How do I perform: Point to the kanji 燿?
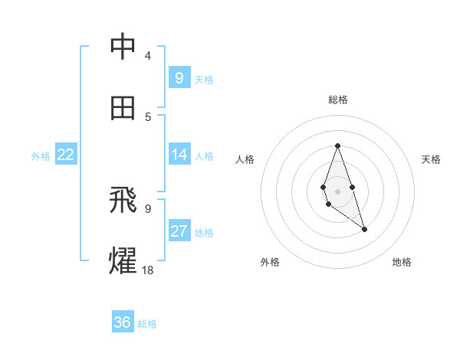coord(123,260)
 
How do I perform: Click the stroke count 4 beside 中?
coord(147,56)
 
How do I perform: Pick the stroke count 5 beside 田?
coord(148,116)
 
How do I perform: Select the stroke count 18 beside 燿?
coord(148,270)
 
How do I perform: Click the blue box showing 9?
coord(179,77)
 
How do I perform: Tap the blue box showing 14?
coord(179,155)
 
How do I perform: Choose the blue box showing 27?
coord(179,231)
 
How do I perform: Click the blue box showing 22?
coord(66,155)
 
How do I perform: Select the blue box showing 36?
coord(122,322)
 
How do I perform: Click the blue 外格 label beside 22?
coord(41,156)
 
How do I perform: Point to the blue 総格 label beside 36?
coord(147,324)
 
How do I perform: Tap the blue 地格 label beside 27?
coord(204,233)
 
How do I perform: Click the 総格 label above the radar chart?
coord(338,100)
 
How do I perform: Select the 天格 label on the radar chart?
coord(431,159)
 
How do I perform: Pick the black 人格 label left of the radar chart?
coord(245,159)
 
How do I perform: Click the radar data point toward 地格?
coord(364,229)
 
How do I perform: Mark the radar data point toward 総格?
coord(337,146)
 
